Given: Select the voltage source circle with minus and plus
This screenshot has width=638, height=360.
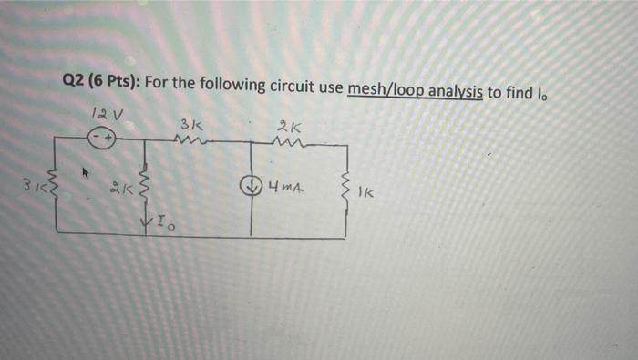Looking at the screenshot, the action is (102, 139).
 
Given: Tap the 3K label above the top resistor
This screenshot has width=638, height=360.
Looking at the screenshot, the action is (191, 122).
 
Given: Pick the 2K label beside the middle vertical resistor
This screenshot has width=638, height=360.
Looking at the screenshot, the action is (119, 190).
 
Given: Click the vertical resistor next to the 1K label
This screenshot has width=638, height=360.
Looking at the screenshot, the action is (345, 188).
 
